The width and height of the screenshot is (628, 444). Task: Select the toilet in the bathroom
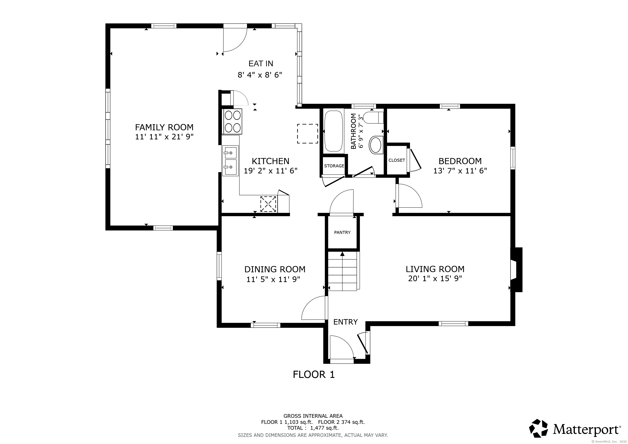click(374, 118)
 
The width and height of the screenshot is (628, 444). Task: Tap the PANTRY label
click(342, 232)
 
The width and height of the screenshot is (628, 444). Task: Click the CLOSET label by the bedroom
click(397, 160)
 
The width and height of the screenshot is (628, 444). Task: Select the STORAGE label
click(334, 166)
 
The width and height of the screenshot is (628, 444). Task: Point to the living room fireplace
click(516, 269)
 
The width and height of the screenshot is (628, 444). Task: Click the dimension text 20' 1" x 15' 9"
click(435, 279)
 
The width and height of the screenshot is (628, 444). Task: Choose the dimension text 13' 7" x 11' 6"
click(460, 171)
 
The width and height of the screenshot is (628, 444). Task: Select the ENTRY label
click(345, 322)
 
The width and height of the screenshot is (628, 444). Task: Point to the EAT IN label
click(261, 64)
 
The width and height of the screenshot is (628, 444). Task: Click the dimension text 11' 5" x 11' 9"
click(273, 279)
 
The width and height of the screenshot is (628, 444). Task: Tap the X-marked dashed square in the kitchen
click(268, 204)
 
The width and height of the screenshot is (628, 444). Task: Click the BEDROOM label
click(460, 161)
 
